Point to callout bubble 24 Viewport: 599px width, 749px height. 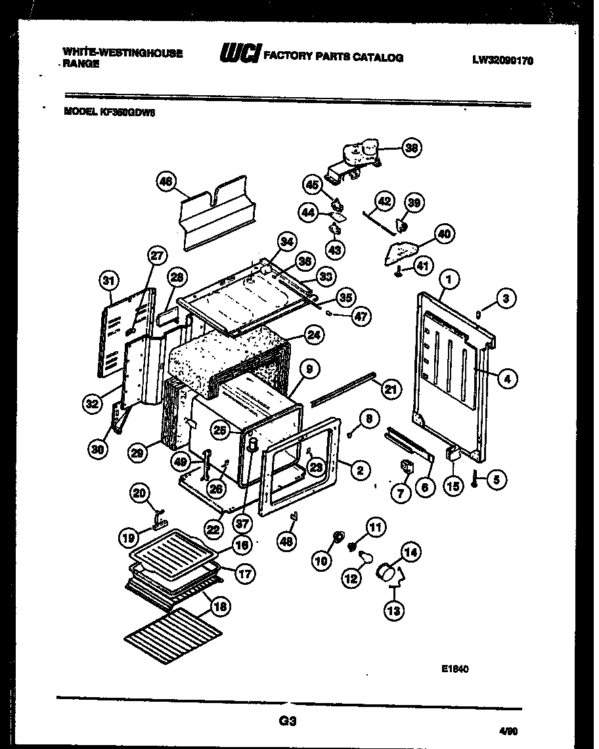(314, 335)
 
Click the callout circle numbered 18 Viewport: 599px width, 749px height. (221, 607)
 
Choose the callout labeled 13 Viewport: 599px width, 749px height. (394, 610)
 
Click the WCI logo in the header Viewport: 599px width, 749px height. (240, 54)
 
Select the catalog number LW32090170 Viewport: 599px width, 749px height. (502, 60)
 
